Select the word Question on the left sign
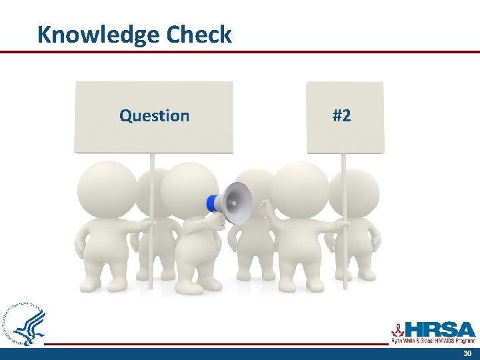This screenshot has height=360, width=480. coord(154,116)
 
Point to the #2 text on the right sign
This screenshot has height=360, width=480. coord(341,116)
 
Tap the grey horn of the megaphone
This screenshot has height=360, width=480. coord(239,202)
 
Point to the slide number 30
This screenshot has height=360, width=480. coord(466,353)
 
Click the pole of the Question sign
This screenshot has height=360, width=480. coord(152,253)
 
